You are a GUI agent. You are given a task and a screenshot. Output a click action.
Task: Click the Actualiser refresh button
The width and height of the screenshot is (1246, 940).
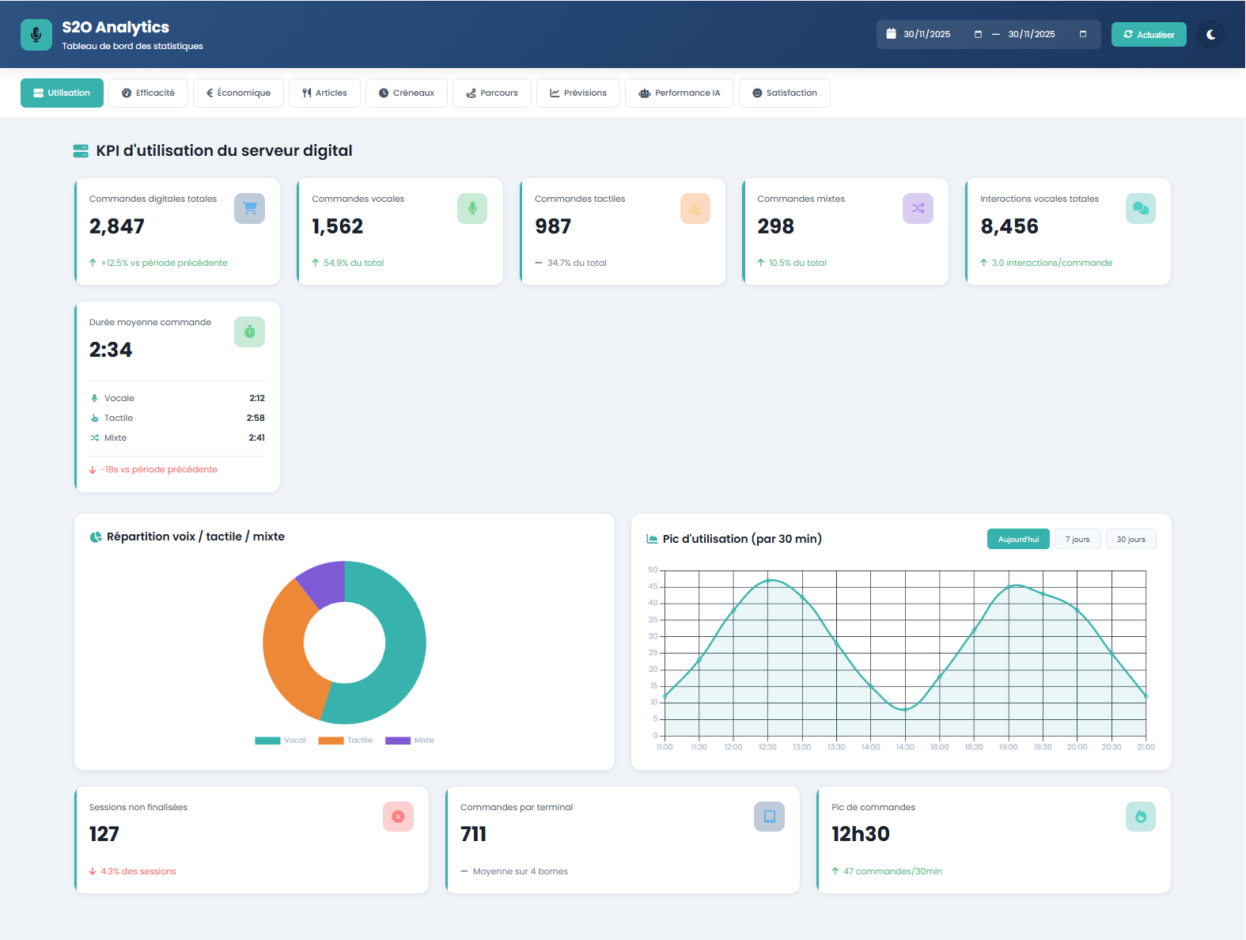[1149, 35]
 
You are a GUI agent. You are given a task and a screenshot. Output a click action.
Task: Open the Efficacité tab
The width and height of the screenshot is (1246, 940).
[148, 93]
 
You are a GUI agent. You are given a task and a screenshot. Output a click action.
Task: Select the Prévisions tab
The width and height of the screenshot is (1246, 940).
[578, 93]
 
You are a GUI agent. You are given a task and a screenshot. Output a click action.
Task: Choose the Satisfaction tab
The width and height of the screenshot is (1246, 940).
[784, 93]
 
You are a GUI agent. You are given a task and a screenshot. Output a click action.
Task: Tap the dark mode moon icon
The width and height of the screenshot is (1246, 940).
[1210, 35]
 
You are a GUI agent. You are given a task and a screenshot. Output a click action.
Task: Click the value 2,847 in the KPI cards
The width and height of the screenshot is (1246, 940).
[117, 227]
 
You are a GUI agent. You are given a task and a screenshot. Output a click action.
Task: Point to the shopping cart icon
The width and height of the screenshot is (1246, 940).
[250, 209]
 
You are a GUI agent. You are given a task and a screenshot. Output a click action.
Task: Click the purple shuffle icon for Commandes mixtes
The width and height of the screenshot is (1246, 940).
[918, 209]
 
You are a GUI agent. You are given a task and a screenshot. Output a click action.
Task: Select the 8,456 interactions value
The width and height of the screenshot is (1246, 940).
[1009, 227]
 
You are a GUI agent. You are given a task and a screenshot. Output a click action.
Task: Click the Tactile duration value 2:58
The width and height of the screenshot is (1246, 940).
[256, 419]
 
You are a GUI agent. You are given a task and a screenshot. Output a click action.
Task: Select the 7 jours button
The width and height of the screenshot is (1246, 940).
[1077, 540]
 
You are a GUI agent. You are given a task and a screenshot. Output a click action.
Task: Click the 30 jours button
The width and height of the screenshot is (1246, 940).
[1130, 540]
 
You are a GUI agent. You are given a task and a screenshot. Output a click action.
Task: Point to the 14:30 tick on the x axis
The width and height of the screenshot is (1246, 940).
[905, 747]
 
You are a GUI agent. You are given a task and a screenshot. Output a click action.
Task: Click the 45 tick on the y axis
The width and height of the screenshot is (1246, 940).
[653, 586]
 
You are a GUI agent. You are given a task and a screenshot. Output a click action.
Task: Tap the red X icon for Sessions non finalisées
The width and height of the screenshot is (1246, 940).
[398, 817]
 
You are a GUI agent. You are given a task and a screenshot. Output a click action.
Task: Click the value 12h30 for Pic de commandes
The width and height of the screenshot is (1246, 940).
[861, 835]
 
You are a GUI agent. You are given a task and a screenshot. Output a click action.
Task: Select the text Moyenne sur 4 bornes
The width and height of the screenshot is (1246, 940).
[520, 872]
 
